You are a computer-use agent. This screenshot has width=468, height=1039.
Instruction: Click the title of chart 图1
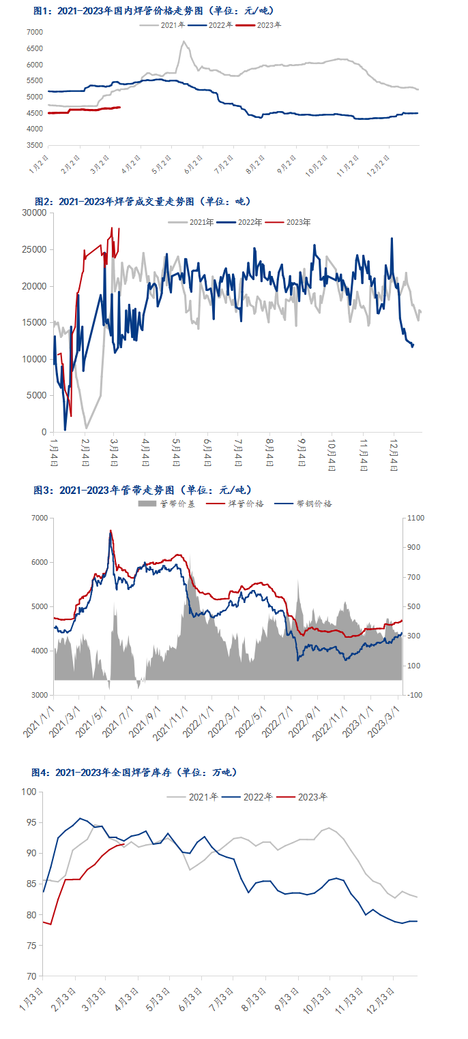(x=153, y=11)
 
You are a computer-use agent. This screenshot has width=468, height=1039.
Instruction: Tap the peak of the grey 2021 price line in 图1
(x=184, y=42)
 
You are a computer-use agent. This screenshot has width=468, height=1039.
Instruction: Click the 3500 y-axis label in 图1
(x=34, y=146)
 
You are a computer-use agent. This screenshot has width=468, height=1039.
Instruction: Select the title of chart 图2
(x=143, y=202)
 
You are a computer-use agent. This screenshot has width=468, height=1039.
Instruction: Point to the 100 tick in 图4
(x=29, y=792)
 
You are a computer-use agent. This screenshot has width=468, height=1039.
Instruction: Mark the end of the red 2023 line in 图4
(x=123, y=844)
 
